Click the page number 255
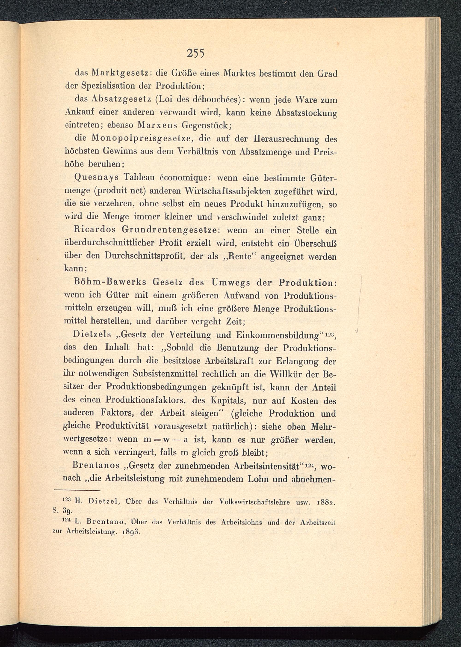196,53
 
